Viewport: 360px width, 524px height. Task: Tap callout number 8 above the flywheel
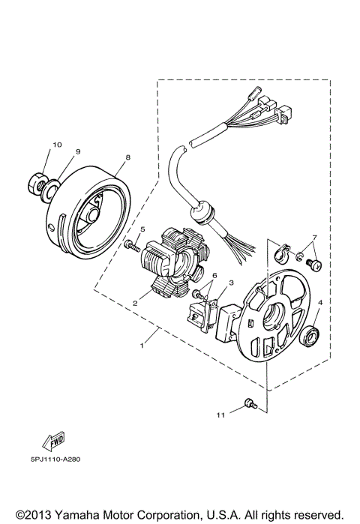click(x=127, y=158)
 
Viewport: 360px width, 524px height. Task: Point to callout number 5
click(x=141, y=229)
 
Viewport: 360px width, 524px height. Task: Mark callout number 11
click(x=220, y=414)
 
